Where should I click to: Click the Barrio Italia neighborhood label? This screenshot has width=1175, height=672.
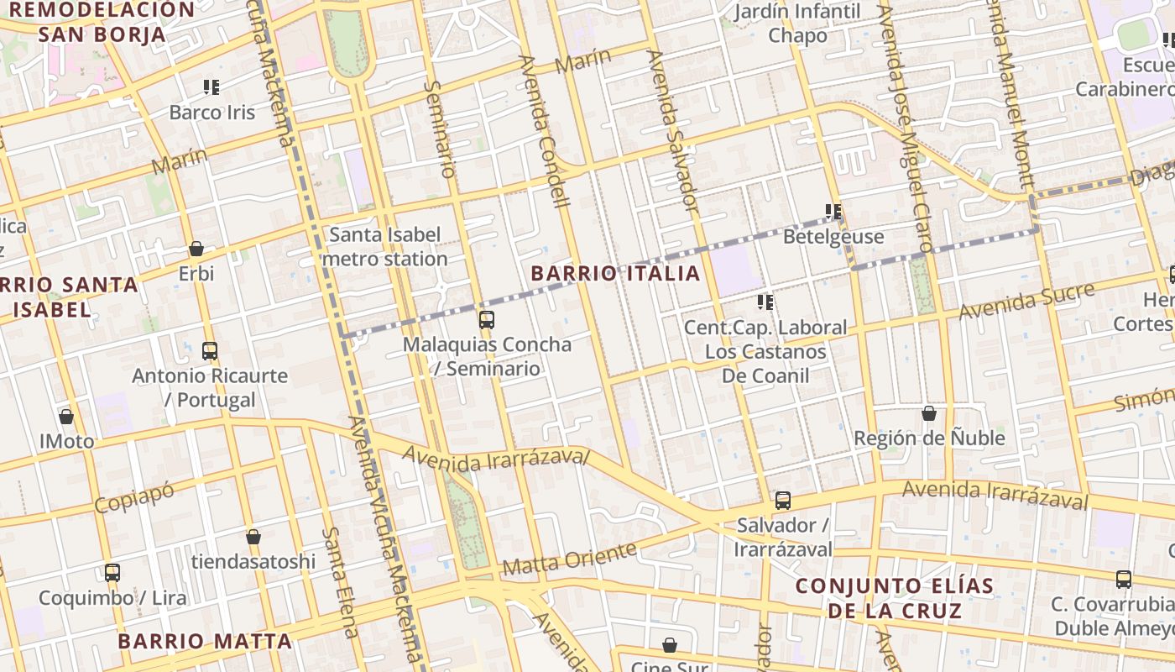click(x=615, y=273)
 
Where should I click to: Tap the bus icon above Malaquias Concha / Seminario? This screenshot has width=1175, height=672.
click(x=486, y=319)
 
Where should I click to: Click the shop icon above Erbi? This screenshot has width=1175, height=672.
click(x=196, y=249)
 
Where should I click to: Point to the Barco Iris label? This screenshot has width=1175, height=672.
click(x=212, y=113)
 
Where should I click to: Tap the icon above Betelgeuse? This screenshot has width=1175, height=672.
click(x=833, y=212)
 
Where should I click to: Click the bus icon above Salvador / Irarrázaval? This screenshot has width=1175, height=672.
click(x=783, y=501)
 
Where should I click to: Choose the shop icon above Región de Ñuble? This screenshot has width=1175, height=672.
click(x=929, y=413)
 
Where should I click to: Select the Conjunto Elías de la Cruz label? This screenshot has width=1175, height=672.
click(x=895, y=598)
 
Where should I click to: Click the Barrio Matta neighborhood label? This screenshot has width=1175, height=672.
click(x=205, y=642)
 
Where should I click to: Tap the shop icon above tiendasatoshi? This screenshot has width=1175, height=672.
click(x=253, y=537)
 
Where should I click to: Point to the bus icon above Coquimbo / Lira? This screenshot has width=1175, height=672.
click(x=112, y=573)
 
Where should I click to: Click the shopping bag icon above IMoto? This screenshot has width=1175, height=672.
click(x=66, y=417)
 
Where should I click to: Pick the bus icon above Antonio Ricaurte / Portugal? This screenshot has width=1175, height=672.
click(x=210, y=350)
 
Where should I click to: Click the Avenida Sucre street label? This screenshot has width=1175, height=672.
click(x=1027, y=301)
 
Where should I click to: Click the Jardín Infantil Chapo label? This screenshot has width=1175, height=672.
click(x=797, y=24)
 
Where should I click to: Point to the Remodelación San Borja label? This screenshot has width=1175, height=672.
click(x=102, y=22)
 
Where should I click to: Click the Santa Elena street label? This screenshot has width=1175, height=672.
click(x=342, y=582)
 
